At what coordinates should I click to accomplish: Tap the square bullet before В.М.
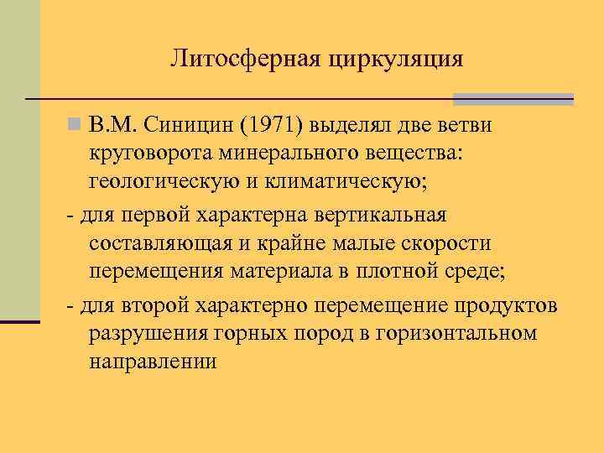click(75, 126)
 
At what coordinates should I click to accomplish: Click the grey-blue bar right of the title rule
click(513, 99)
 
